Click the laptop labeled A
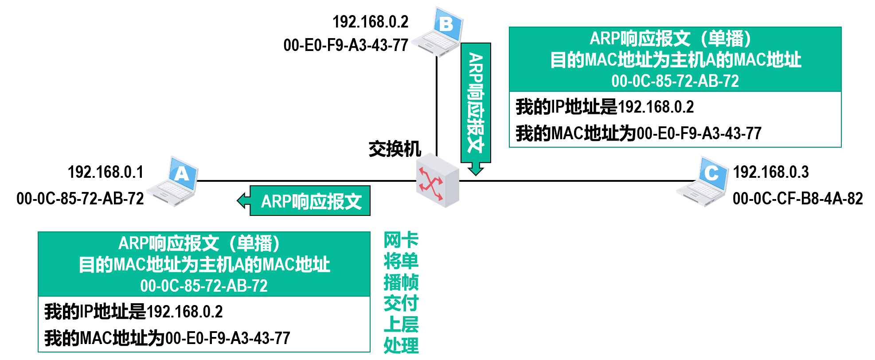click(174, 181)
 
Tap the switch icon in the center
click(437, 180)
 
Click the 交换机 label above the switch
click(395, 149)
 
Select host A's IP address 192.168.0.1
click(105, 172)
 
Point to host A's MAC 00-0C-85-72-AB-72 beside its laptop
click(80, 199)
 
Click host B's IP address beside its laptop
click(370, 22)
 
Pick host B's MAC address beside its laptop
click(346, 45)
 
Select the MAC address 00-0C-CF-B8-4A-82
click(797, 199)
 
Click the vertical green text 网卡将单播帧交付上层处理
click(401, 293)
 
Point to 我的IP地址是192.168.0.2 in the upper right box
click(605, 107)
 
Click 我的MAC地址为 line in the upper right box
click(638, 133)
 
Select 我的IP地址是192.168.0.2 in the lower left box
click(133, 312)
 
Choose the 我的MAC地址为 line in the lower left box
click(167, 338)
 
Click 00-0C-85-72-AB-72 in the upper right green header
click(675, 81)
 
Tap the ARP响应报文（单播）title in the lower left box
click(199, 243)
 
